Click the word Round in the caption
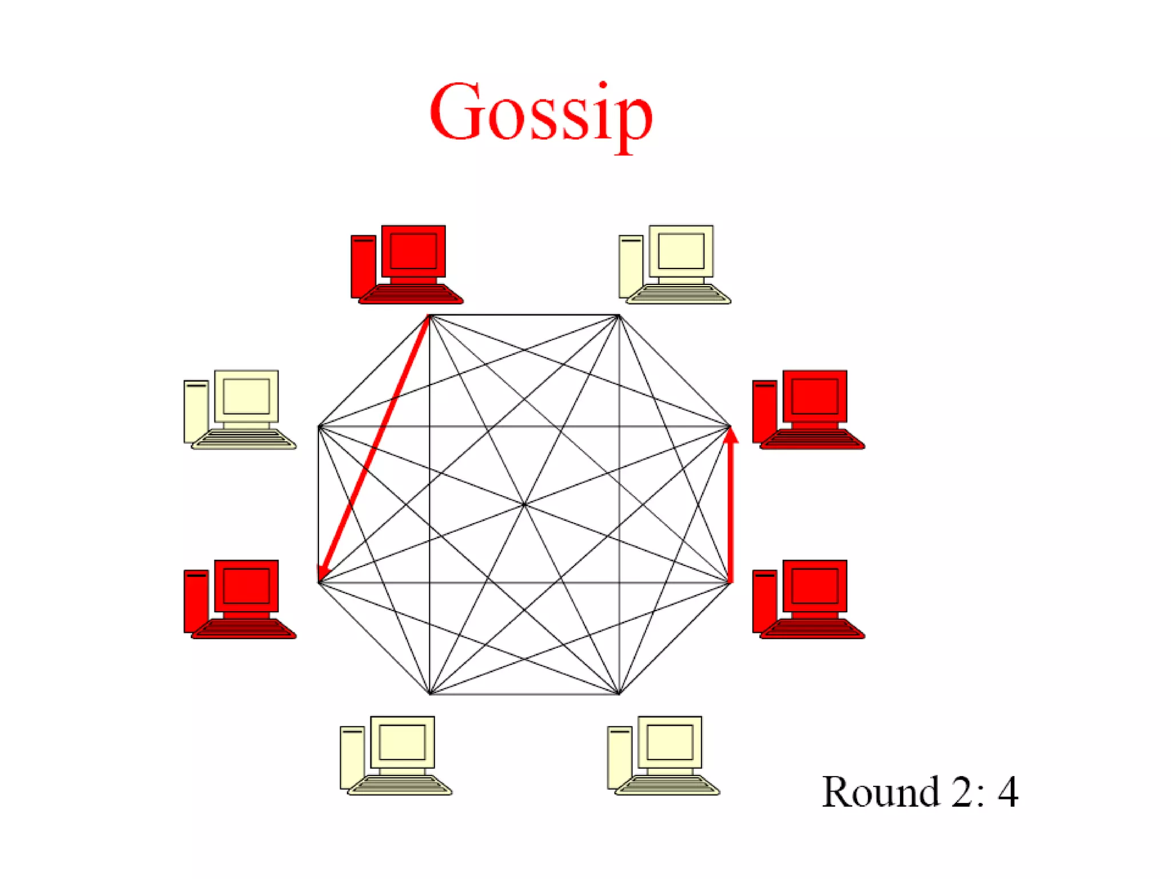tap(881, 792)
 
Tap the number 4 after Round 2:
tap(1008, 792)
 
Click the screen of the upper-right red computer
tap(814, 395)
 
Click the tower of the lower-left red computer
tap(196, 601)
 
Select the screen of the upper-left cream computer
tap(246, 395)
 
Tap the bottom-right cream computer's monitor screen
tap(670, 742)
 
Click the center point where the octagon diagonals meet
tap(524, 504)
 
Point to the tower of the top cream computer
tap(631, 267)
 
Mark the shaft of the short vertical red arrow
tap(730, 515)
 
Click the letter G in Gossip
tap(455, 112)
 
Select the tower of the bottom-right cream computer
tap(619, 757)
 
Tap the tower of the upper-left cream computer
tap(196, 411)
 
